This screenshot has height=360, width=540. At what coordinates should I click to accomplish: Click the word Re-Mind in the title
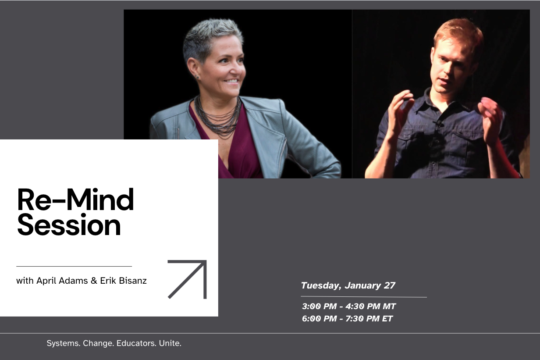(x=75, y=200)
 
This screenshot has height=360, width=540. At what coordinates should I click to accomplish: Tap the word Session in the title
(x=69, y=226)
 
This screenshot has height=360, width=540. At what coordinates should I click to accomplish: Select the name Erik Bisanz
(x=123, y=281)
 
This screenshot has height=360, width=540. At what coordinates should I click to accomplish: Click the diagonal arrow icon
(x=187, y=279)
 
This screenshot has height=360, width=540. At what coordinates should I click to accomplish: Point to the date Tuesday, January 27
(x=348, y=285)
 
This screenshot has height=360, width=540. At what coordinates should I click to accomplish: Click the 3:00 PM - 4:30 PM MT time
(x=349, y=307)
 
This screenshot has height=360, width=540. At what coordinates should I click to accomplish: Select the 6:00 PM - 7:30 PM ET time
(x=347, y=319)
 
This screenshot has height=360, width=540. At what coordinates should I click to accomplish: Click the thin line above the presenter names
(x=74, y=266)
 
